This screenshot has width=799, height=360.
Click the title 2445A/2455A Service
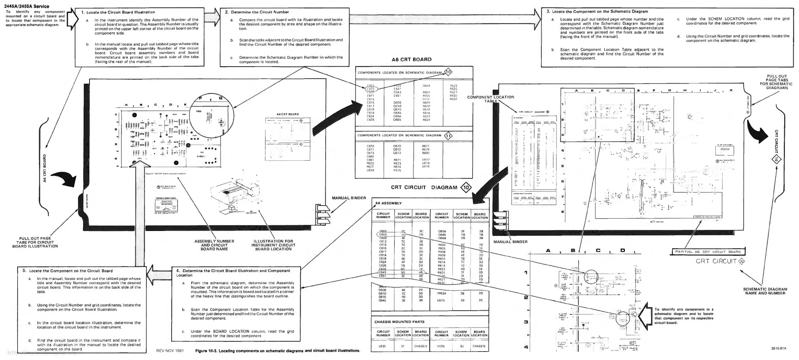click(x=27, y=6)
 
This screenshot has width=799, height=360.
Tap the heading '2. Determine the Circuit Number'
click(x=257, y=12)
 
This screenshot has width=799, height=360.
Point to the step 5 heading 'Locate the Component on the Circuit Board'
click(x=68, y=271)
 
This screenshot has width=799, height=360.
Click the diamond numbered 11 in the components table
click(x=448, y=136)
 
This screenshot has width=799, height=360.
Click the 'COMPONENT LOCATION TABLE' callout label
click(x=491, y=99)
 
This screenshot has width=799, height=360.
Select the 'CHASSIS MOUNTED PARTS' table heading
click(x=399, y=322)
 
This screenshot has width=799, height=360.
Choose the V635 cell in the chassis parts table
click(x=441, y=346)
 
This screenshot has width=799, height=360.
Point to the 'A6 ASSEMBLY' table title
click(x=388, y=203)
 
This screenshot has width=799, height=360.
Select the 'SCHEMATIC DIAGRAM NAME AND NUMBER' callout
click(x=765, y=291)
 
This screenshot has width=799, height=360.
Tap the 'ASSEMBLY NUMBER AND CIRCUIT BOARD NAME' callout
click(x=214, y=245)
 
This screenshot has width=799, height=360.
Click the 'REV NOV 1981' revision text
click(x=170, y=351)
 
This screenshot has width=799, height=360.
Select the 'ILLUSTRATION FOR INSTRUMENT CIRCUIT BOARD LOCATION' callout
click(x=273, y=245)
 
